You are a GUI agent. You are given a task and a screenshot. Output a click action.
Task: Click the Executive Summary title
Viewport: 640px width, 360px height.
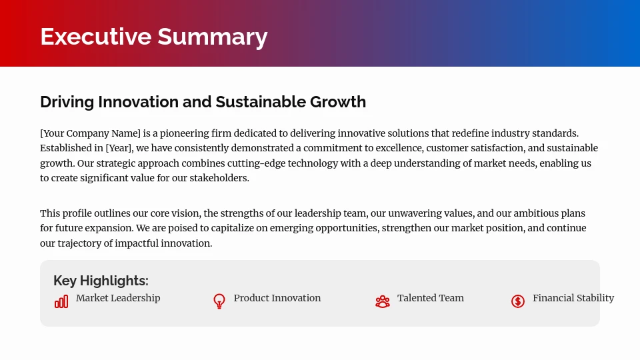[x=153, y=37]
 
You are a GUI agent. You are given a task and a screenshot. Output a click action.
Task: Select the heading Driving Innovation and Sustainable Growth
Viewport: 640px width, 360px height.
[x=203, y=102]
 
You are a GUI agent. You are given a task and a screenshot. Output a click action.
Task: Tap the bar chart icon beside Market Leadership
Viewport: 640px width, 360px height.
[x=61, y=302]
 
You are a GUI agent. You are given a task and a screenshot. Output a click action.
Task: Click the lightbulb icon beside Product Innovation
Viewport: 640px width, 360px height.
[x=219, y=301]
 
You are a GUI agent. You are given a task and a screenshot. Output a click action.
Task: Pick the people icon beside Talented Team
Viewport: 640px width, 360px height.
[x=382, y=301]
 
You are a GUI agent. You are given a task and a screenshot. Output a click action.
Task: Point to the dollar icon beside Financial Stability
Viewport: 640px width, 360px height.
[x=518, y=301]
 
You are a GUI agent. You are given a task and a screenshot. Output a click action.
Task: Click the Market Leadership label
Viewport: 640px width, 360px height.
[x=118, y=298]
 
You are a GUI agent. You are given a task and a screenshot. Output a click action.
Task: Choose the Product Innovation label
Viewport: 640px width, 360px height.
[x=277, y=298]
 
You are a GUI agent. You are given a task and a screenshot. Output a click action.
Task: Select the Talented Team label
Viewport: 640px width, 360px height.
[x=430, y=298]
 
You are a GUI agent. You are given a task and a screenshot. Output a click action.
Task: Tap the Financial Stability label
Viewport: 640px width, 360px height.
[x=573, y=298]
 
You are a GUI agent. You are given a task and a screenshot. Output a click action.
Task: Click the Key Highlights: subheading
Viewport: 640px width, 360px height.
[x=101, y=281]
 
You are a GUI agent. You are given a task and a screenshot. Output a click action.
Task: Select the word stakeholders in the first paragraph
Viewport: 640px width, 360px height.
[x=219, y=178]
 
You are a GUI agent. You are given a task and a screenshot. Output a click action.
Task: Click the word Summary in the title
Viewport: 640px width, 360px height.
[x=212, y=37]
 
